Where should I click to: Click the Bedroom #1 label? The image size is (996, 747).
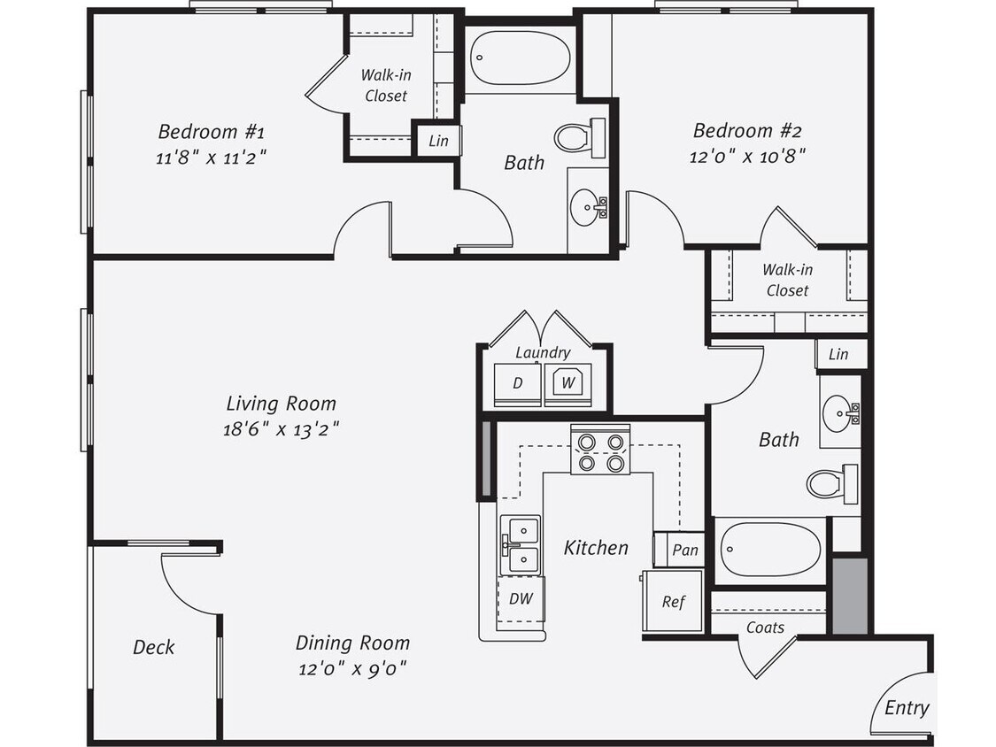tap(211, 132)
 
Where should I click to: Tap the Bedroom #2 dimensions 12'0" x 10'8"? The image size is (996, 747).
tap(747, 156)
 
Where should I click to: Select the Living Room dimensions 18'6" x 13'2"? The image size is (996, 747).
tap(282, 428)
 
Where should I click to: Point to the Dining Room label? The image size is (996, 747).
tap(352, 643)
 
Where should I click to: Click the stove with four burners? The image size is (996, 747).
tap(600, 450)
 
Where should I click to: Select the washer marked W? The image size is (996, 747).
tap(568, 383)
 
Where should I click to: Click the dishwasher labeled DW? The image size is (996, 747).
tap(521, 598)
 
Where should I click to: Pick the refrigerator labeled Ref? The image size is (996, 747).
tap(673, 602)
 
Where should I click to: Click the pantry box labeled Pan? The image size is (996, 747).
tap(684, 550)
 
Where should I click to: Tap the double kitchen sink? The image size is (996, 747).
tap(521, 544)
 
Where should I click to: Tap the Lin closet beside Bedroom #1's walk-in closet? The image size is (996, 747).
tap(438, 141)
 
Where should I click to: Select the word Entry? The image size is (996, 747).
tap(907, 707)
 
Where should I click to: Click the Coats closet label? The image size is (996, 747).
tap(765, 628)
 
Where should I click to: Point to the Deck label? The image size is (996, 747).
tap(153, 647)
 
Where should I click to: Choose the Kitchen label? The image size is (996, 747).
tap(596, 548)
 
